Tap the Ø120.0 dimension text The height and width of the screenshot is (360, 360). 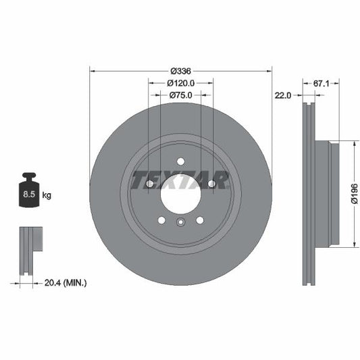(180, 83)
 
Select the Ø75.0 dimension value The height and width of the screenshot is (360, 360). (180, 96)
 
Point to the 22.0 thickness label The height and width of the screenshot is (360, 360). (283, 96)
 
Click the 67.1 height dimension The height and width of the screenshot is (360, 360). (321, 83)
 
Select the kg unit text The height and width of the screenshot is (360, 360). (47, 196)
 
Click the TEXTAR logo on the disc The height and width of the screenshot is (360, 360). (180, 180)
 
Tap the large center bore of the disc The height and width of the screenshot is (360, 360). (180, 195)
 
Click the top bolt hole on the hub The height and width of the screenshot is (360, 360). (180, 160)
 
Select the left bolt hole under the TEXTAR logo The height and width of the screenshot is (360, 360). (149, 183)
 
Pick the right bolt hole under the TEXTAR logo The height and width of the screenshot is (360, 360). (211, 183)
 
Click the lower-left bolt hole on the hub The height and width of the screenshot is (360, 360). (161, 220)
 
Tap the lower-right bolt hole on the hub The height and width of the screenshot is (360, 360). (200, 220)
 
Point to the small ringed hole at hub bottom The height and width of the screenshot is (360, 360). (180, 224)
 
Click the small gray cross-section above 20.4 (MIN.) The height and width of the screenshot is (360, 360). (27, 250)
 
